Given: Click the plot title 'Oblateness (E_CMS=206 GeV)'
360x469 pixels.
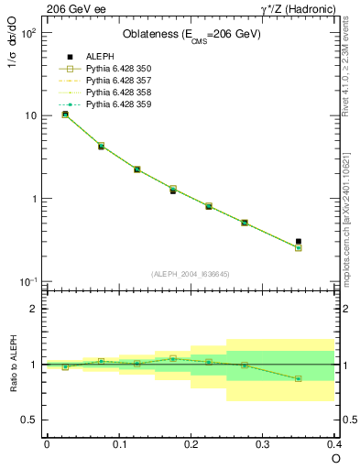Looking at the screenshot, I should coord(191,35).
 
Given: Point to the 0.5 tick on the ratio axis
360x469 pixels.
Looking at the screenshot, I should coord(31,420).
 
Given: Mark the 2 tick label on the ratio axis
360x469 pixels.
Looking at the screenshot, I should coord(35,309).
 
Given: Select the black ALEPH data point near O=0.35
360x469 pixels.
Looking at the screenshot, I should coord(298,242).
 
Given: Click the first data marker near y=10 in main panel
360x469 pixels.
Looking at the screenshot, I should coord(65,115).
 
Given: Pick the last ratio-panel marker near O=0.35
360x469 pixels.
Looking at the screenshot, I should coord(298,378).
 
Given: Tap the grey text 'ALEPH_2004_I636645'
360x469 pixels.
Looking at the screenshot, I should coord(191,274).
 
